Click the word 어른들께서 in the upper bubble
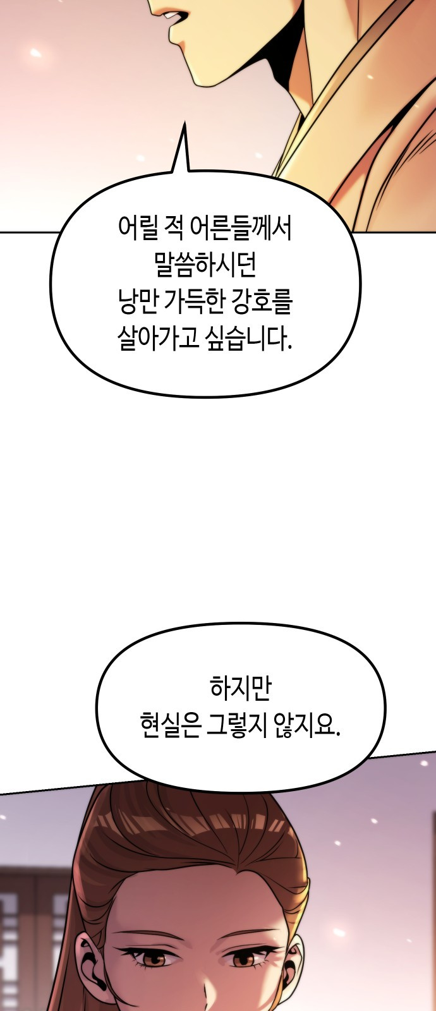[x=241, y=228]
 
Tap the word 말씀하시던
[x=205, y=265]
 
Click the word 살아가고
[x=158, y=339]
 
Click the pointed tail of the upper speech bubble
[x=184, y=123]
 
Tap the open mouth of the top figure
[x=174, y=18]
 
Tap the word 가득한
[x=195, y=302]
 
